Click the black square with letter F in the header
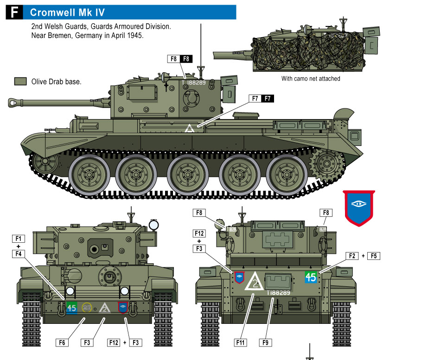14,12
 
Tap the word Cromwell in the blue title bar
53,13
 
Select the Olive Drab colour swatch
20,81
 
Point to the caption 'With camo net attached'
311,79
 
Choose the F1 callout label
18,239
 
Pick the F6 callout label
62,342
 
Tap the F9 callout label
265,342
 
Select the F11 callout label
241,342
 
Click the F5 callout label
374,256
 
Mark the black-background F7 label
268,98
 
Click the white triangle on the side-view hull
190,128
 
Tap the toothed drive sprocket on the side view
326,164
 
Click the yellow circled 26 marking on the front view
87,308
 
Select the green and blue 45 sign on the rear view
311,277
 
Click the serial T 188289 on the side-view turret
193,82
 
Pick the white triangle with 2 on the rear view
255,281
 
